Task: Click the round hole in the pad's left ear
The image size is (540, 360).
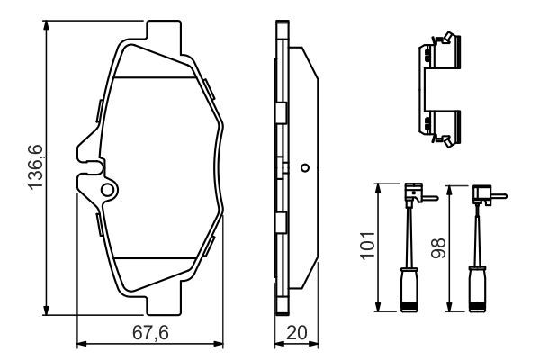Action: point(108,190)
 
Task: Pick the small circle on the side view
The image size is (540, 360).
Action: point(304,167)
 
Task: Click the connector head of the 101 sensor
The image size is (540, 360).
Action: point(415,192)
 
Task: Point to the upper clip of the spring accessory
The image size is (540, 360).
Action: point(438,54)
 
